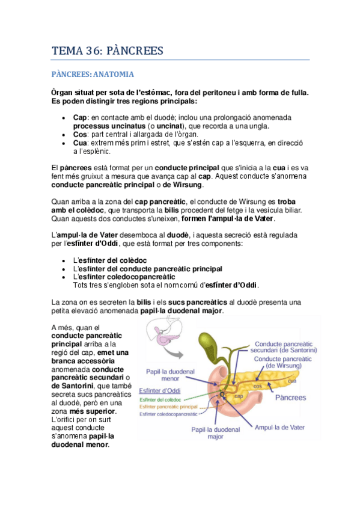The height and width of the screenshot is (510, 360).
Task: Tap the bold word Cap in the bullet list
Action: click(x=79, y=117)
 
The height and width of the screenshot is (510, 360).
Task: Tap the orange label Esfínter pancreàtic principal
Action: click(x=172, y=407)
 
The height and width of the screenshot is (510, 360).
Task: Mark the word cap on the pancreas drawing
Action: click(x=238, y=396)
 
